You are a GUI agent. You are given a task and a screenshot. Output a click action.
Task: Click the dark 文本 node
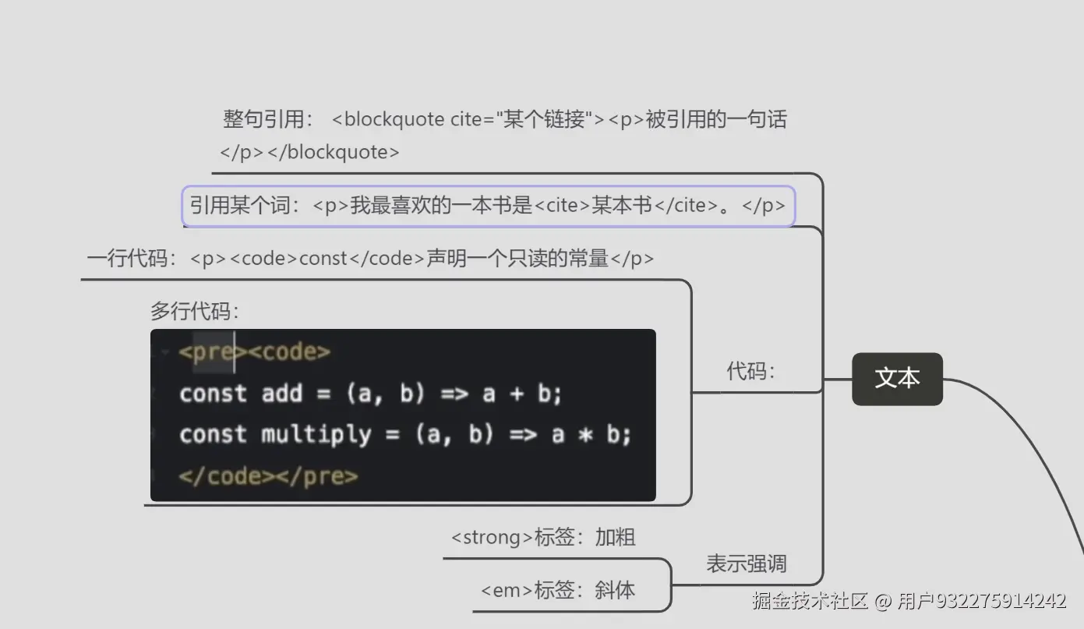897,379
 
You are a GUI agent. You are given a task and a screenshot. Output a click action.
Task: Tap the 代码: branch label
750,371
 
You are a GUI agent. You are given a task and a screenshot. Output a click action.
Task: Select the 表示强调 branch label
746,564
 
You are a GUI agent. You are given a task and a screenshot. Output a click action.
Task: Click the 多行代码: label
194,312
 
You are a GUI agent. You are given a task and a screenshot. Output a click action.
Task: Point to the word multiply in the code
316,434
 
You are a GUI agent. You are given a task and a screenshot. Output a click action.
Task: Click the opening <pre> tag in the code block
212,352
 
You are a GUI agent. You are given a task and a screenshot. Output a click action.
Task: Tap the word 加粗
616,538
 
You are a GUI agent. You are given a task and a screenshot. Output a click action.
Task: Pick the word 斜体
615,591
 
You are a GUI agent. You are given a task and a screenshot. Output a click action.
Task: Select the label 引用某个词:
245,206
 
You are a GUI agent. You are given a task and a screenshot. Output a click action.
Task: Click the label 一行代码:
133,259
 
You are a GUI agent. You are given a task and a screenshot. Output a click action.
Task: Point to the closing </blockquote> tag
333,153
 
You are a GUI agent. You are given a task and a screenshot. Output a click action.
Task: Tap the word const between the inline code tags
323,259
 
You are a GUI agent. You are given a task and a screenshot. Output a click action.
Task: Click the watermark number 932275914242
1001,601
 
